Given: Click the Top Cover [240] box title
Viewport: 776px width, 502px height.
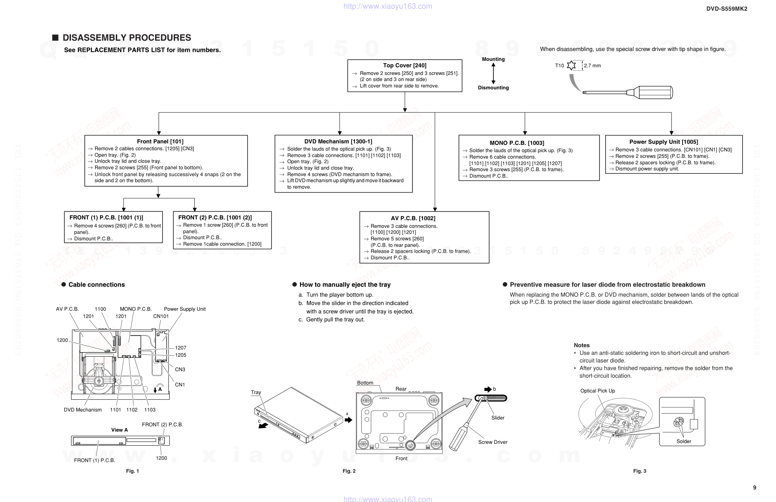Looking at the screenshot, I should (x=404, y=65).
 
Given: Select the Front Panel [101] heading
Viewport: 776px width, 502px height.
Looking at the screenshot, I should (x=160, y=141).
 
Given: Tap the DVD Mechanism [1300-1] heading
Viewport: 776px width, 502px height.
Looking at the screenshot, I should (x=338, y=141).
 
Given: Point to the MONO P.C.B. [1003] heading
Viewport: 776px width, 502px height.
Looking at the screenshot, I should (x=517, y=143).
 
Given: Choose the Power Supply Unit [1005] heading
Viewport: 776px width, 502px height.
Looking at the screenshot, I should (x=663, y=142).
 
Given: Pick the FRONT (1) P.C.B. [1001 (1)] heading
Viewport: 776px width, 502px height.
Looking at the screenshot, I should (x=106, y=218).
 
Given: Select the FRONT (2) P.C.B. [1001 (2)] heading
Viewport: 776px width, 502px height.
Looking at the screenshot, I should (x=215, y=218).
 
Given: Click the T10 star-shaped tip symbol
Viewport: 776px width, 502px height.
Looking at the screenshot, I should (x=571, y=65).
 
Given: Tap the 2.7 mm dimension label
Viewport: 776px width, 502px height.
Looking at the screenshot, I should (x=592, y=66).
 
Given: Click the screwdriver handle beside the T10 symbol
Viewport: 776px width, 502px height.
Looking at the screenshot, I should (x=654, y=92).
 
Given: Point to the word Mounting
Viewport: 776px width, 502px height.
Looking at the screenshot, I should (x=493, y=59).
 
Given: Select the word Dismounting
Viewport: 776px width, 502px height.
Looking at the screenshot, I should (x=493, y=88).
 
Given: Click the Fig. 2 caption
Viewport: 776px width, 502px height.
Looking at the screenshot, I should (x=349, y=471).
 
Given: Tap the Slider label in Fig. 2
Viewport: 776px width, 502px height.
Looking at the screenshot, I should (x=498, y=418).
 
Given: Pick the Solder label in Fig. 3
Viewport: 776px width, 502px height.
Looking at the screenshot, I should (x=684, y=442).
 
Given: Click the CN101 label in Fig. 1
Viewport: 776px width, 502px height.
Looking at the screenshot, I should (x=161, y=316).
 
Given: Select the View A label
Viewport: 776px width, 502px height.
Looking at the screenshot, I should (x=119, y=430).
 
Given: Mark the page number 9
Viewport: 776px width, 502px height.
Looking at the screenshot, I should (x=754, y=488).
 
